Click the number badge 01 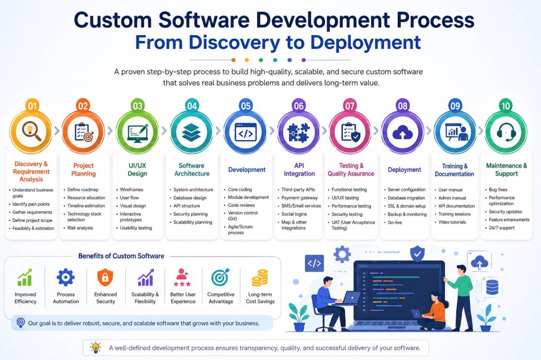(x=32, y=106)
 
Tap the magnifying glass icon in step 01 (x=31, y=132)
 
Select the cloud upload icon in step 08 (x=402, y=132)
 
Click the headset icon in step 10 (x=506, y=132)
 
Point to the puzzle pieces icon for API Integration (x=299, y=133)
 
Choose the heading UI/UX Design (x=137, y=169)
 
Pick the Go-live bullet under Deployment (x=395, y=222)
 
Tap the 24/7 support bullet (x=501, y=228)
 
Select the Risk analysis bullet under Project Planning (x=80, y=228)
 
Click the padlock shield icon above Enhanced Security (x=105, y=278)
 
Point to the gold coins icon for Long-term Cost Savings (x=260, y=278)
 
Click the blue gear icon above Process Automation (x=65, y=277)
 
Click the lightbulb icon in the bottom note (x=96, y=347)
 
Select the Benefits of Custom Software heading (x=121, y=256)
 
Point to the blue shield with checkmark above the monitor (x=417, y=254)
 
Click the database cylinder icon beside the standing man (x=492, y=287)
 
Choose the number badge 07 (x=350, y=106)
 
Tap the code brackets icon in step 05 (x=245, y=133)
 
